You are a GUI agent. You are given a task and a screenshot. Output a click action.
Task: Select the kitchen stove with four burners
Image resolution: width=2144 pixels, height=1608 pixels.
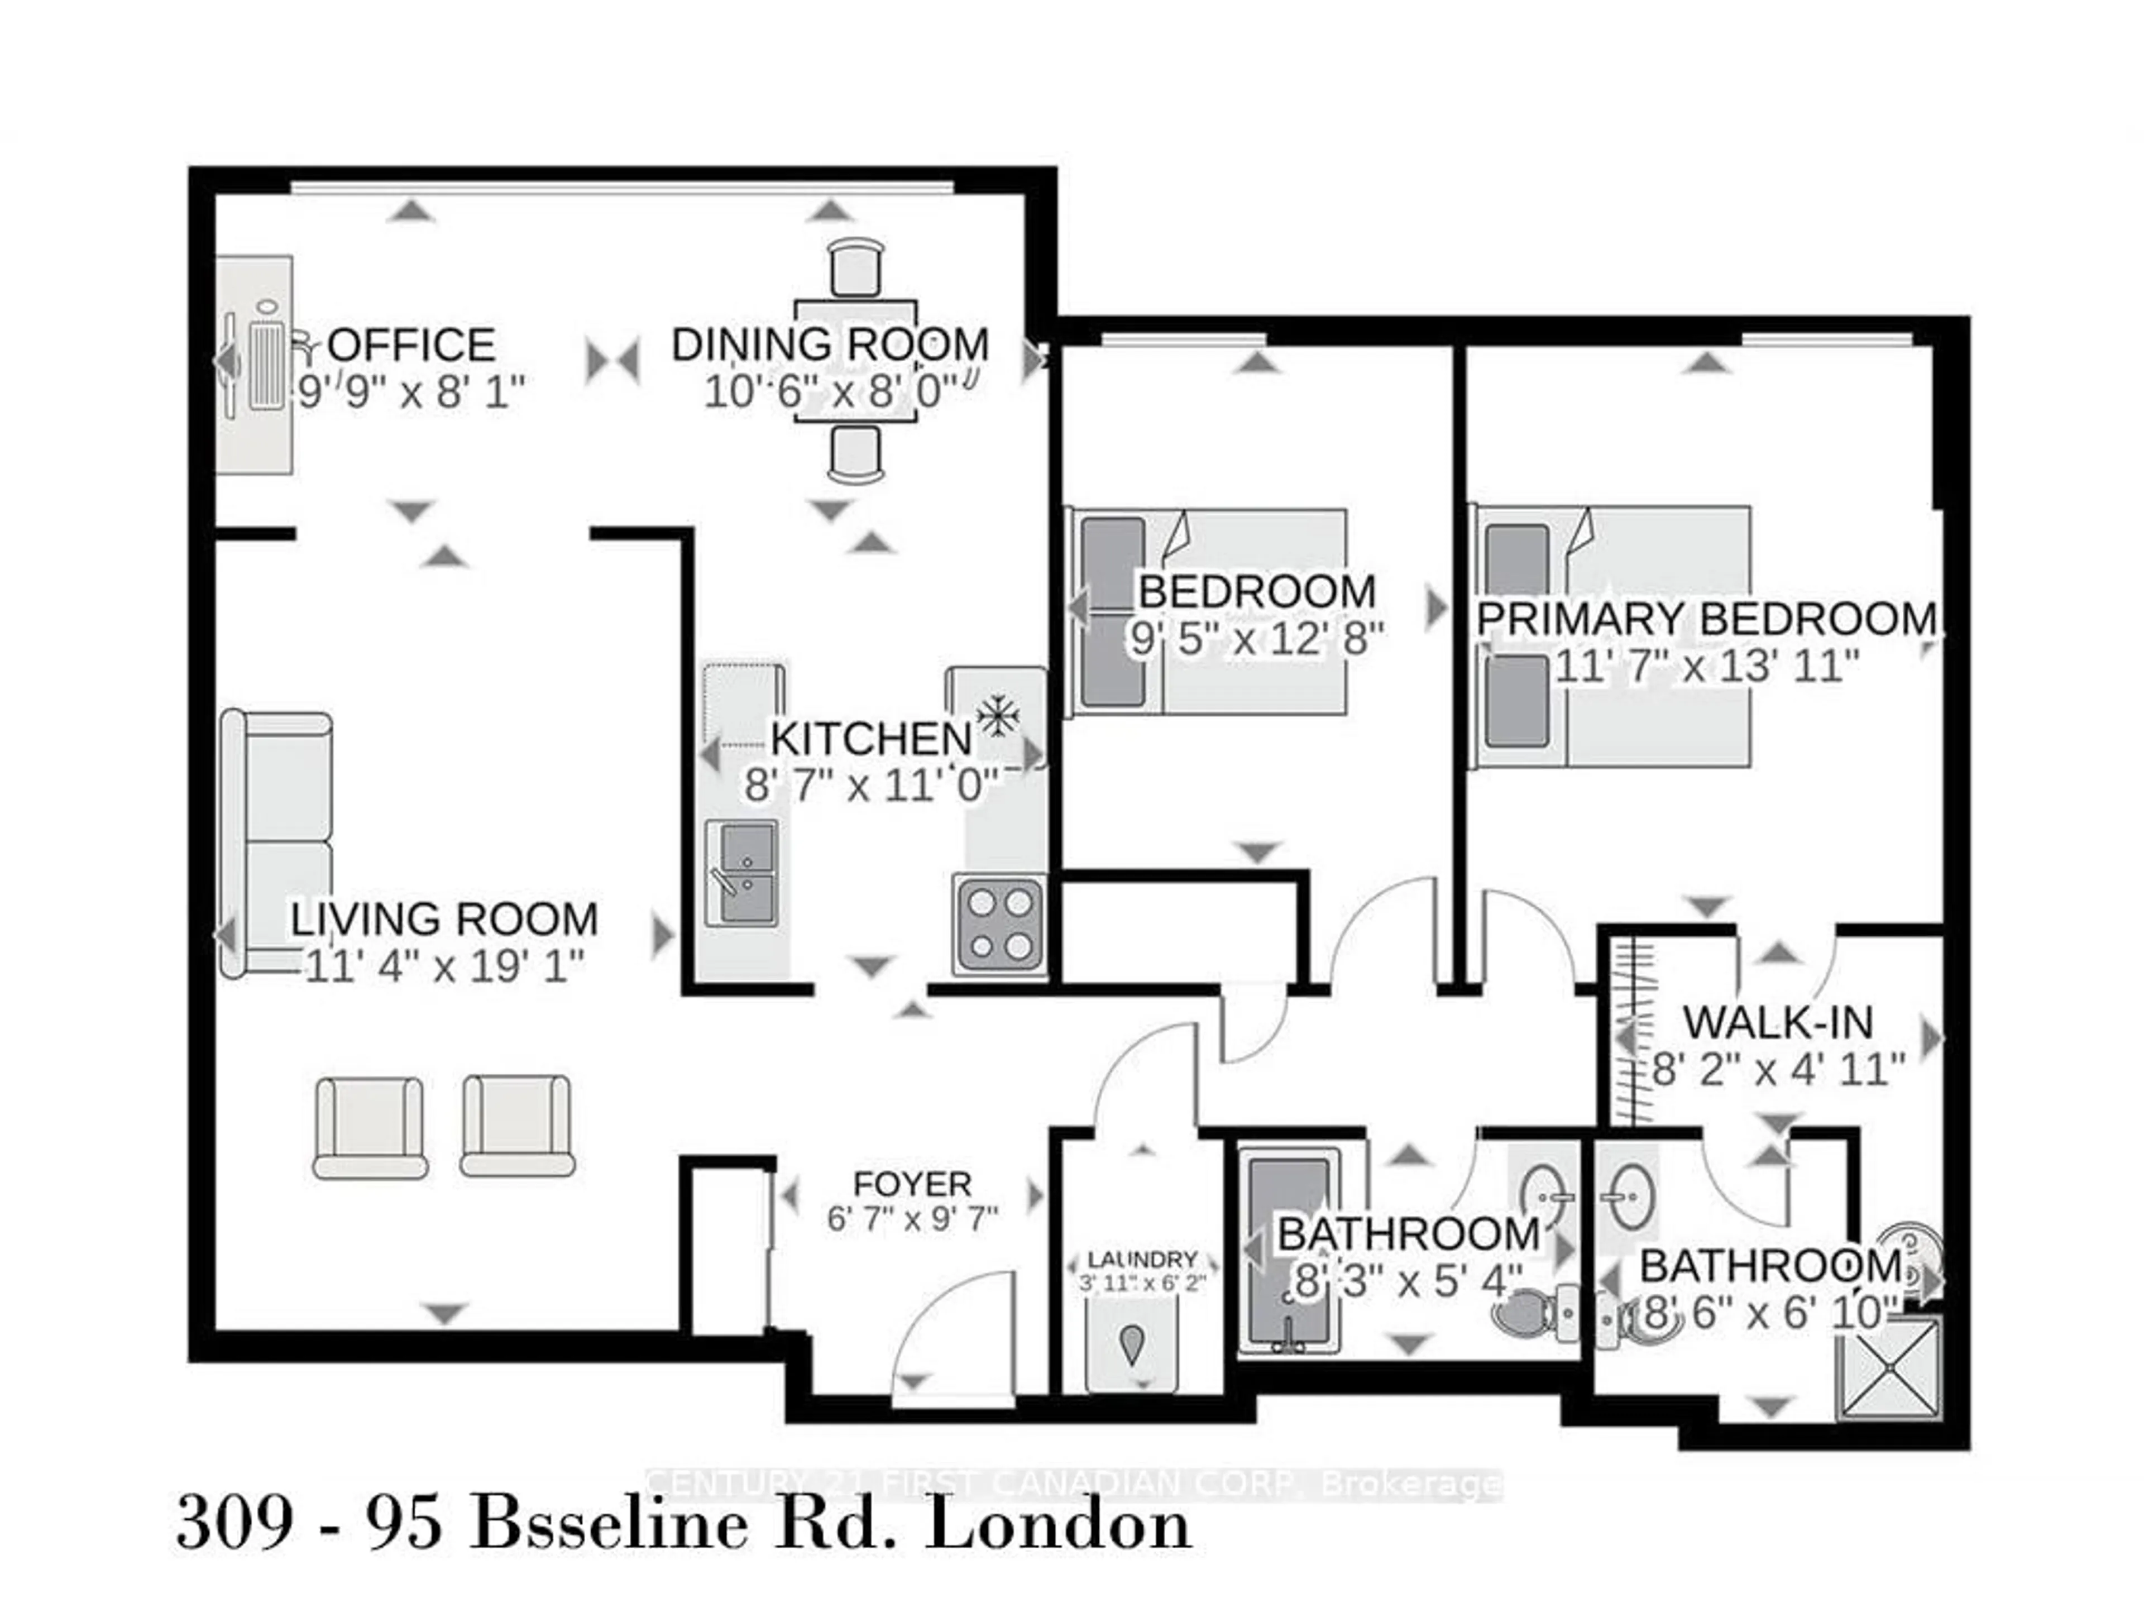point(999,923)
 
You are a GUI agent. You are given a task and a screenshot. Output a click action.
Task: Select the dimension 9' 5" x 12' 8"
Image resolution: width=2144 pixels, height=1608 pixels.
point(1256,638)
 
